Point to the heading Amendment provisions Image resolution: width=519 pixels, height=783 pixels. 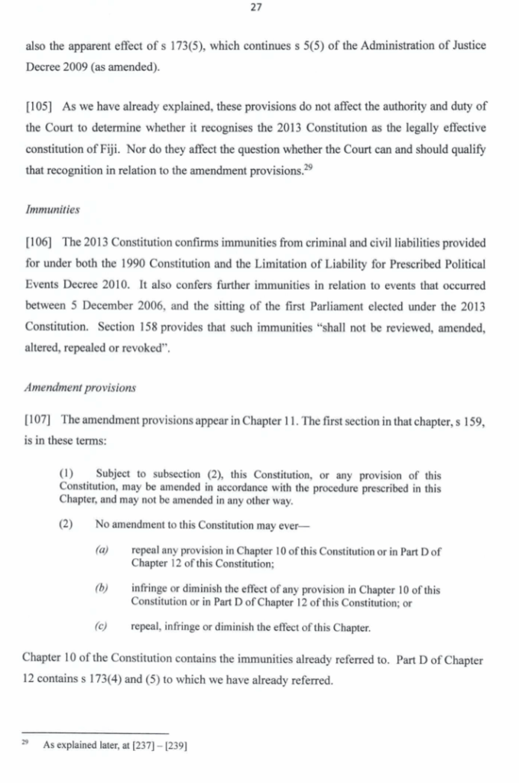(80, 387)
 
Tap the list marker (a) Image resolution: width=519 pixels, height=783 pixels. (102, 551)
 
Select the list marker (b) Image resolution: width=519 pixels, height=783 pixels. (102, 590)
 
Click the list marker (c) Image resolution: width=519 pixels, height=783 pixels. (102, 628)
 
